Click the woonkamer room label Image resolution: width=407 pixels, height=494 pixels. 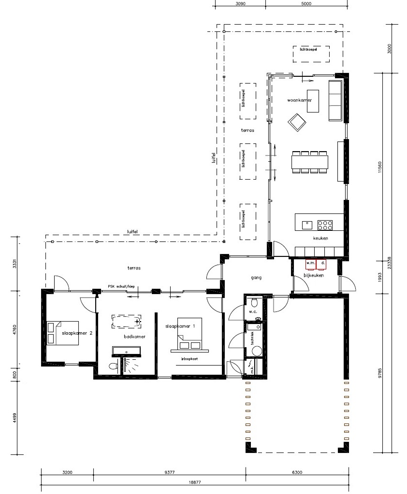coord(300,100)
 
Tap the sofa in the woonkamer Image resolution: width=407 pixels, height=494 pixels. coord(335,100)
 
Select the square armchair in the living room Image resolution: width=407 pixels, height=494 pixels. coord(297,122)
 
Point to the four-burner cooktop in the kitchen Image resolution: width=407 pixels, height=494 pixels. coord(325,225)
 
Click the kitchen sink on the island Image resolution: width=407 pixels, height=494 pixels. coord(306,224)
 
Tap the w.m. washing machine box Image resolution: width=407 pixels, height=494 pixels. coord(310,264)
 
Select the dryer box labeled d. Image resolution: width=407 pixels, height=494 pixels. coord(322,264)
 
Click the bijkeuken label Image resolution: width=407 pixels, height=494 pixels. coord(313,275)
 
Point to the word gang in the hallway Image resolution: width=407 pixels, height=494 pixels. coord(256,278)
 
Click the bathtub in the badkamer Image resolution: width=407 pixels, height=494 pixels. coord(127,321)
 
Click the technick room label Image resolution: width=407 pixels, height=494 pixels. coord(252,339)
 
